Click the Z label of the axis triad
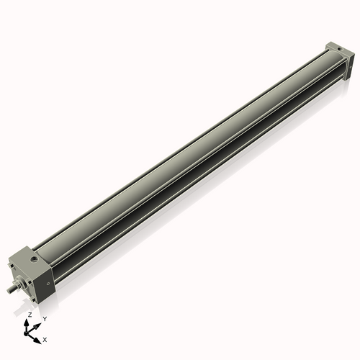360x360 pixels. pos(29,315)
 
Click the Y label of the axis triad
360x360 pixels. pos(44,318)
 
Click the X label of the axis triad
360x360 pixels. pos(45,338)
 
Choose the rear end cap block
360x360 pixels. pos(338,58)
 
